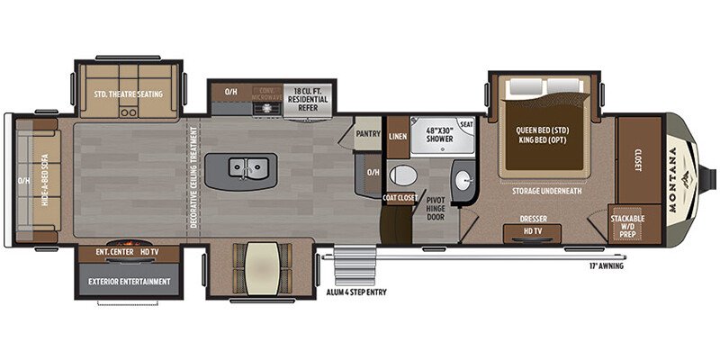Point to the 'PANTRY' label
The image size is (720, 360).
368,134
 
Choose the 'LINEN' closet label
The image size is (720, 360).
398,137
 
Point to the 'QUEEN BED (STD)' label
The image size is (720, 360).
544,129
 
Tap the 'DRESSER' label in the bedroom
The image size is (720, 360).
534,218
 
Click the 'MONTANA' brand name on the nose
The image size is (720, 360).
674,179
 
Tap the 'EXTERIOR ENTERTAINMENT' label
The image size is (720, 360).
130,282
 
